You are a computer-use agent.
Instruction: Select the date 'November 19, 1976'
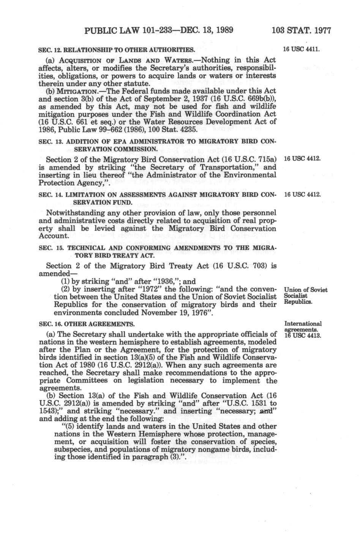pos(174,313)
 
